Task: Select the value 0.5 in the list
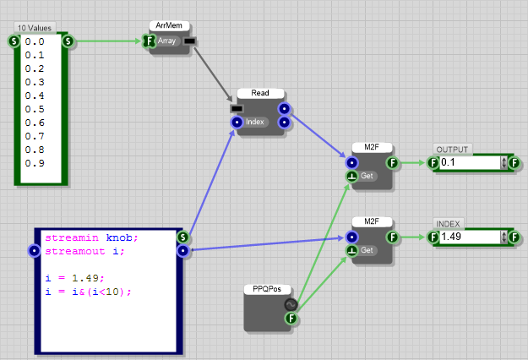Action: coord(35,108)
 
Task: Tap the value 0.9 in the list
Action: coord(35,162)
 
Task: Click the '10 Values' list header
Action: coord(35,28)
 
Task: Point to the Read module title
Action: coord(259,93)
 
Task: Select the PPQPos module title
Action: coord(266,289)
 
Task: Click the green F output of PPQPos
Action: coord(291,319)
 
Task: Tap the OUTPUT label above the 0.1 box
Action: coord(451,150)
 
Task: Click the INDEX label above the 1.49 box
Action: coord(448,223)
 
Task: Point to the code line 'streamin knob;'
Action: coord(90,237)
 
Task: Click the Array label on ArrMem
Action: coord(166,41)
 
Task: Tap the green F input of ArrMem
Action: coord(149,41)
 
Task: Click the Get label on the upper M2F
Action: coord(367,176)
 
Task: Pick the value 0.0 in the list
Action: coord(35,41)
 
